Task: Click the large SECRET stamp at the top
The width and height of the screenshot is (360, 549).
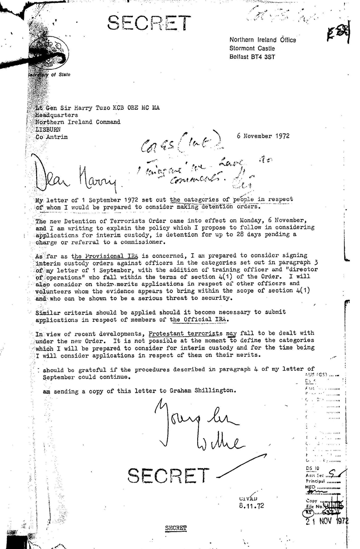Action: tap(149, 22)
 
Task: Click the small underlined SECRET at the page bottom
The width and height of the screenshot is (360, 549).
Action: tap(176, 528)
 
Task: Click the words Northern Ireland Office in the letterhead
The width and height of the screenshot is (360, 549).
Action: tap(262, 40)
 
